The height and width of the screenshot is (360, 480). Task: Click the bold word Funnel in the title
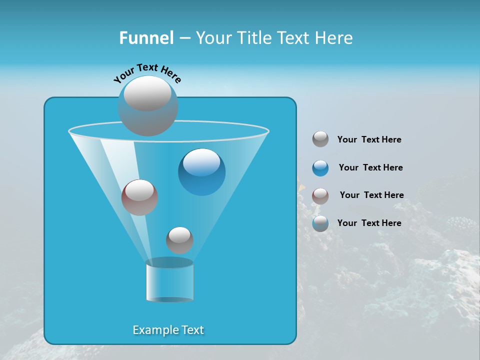146,38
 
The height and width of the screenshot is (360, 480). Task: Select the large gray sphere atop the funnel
147,106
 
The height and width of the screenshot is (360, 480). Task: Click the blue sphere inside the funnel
202,172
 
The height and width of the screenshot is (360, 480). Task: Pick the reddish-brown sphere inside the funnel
139,197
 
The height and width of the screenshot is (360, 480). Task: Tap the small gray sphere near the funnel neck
179,240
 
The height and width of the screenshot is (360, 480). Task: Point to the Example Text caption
168,330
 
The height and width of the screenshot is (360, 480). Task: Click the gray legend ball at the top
320,139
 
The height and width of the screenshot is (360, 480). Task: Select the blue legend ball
320,168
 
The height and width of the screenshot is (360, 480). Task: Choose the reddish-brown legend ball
320,195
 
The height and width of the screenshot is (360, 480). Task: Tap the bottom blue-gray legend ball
320,223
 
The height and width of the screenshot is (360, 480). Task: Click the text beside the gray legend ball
369,140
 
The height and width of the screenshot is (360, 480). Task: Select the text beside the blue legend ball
370,167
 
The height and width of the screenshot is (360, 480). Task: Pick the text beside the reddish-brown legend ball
371,195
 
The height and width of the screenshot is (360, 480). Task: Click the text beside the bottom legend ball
369,223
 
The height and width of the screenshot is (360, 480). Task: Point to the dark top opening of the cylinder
169,262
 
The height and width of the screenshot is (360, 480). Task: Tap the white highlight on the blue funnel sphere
201,162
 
